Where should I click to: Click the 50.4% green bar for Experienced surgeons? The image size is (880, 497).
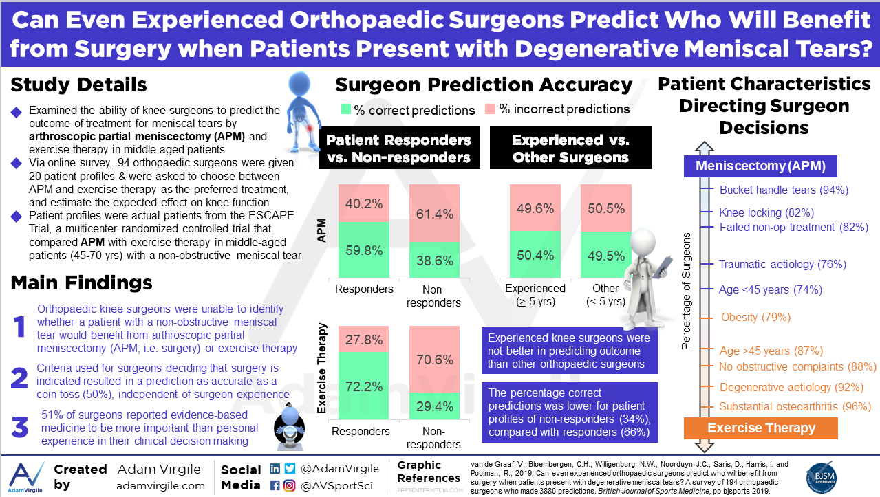pos(535,254)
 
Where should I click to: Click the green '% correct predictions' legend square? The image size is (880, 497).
pos(346,109)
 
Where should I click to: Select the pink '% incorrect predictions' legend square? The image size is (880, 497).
pos(490,109)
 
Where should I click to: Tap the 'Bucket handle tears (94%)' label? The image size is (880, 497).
pos(784,190)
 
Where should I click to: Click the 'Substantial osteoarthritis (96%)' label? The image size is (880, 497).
pos(795,406)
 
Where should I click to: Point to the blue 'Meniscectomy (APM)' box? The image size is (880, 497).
pos(760,166)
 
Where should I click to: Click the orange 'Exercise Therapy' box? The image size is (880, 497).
pos(761,428)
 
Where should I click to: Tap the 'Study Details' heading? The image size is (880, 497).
pos(78,85)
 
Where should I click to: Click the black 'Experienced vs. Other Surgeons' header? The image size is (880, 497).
pos(570,148)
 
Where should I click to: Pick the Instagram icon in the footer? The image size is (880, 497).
pos(288,485)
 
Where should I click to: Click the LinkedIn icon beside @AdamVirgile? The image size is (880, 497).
pos(275,469)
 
